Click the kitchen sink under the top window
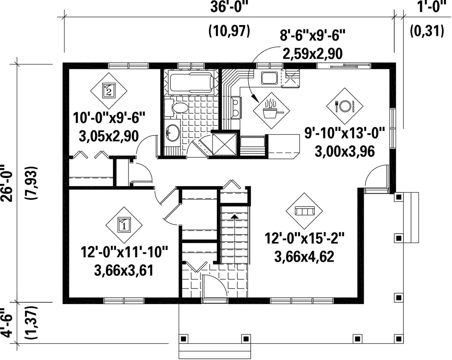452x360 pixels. tap(269, 78)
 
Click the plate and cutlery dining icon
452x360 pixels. tap(344, 106)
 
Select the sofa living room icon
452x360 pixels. tap(304, 212)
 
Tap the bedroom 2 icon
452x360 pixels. tap(109, 90)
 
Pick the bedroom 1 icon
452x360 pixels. tap(124, 225)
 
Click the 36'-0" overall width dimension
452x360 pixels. tap(229, 7)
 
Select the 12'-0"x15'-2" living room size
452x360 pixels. tap(305, 239)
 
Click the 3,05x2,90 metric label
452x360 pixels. tap(109, 136)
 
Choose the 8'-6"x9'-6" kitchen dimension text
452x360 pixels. tap(312, 36)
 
